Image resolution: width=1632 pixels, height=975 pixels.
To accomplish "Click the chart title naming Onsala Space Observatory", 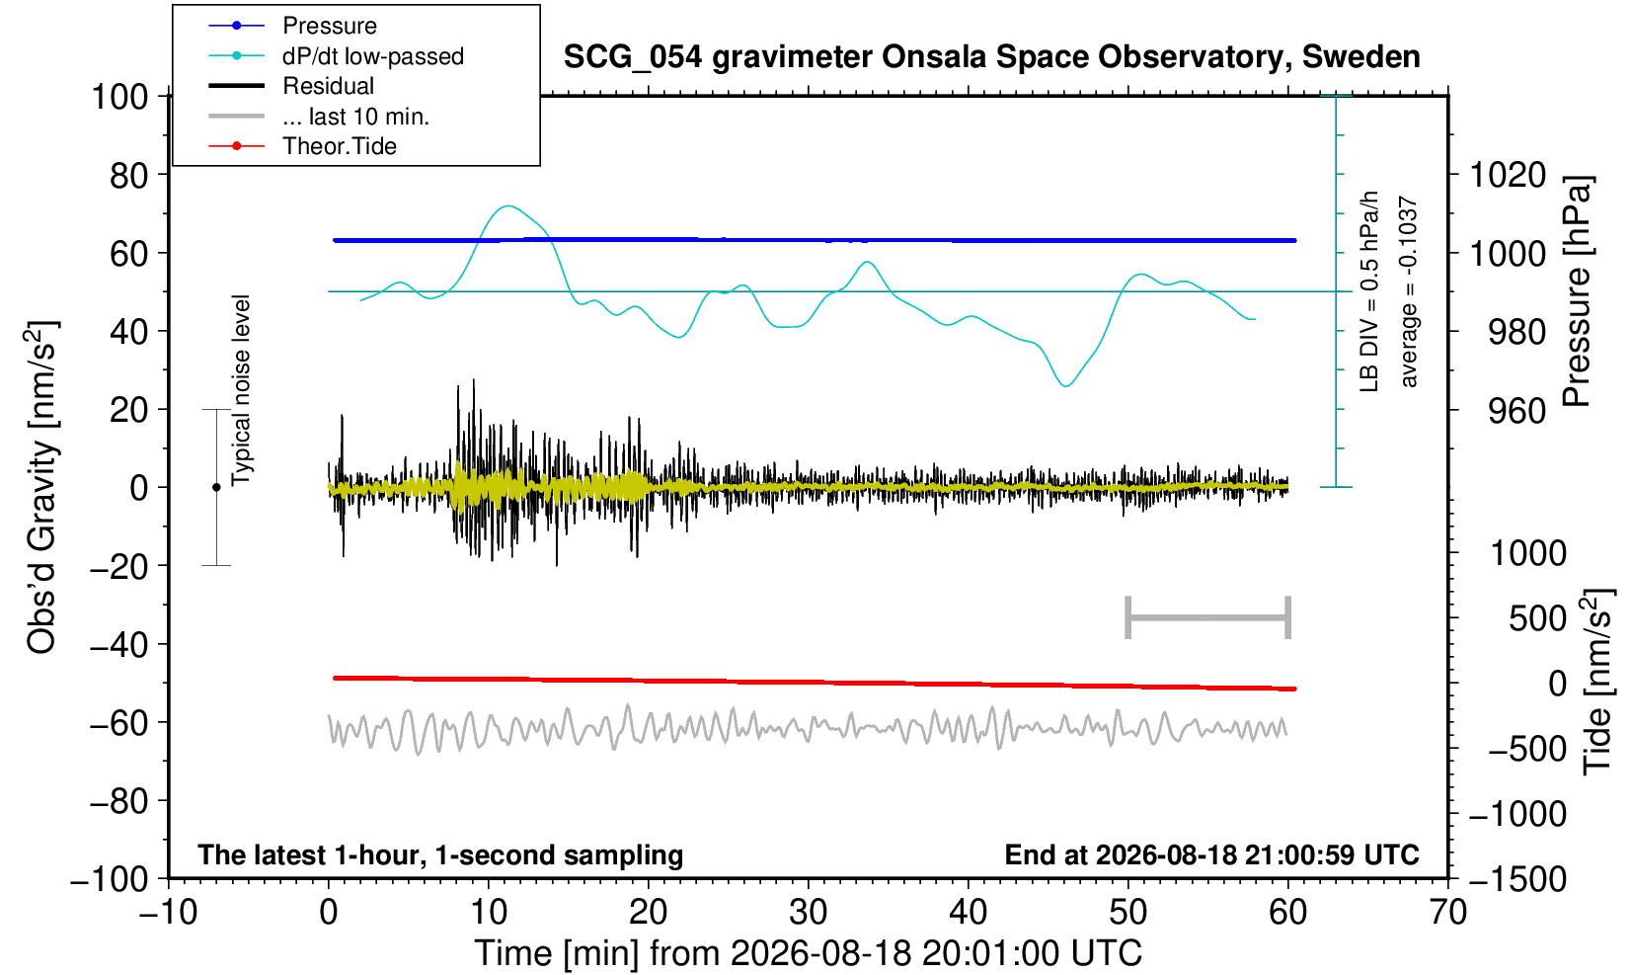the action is click(991, 57).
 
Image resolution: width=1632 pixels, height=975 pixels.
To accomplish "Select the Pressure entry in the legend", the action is click(330, 27).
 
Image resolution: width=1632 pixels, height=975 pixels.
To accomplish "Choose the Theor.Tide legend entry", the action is click(340, 146).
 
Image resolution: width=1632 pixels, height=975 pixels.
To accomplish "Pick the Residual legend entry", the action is click(328, 86).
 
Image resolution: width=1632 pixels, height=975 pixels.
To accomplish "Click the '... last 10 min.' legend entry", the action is click(355, 117).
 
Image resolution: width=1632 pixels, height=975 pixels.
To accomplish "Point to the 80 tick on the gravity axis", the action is click(129, 176).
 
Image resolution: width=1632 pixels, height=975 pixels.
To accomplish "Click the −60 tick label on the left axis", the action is click(118, 723).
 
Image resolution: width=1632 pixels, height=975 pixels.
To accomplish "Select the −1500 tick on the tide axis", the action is click(1517, 879).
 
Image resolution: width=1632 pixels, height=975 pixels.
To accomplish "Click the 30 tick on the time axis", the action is click(809, 913).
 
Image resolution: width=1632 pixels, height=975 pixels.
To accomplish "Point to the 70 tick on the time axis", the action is click(1447, 913).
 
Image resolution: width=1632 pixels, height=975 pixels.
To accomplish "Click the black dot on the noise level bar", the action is click(216, 487).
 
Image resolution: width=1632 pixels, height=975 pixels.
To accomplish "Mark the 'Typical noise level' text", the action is click(241, 391).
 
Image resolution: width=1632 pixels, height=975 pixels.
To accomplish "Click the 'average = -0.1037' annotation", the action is click(1408, 291).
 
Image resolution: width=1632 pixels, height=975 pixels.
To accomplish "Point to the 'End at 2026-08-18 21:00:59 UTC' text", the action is click(1211, 854).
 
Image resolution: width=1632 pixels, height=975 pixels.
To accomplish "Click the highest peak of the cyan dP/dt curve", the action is click(507, 205).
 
